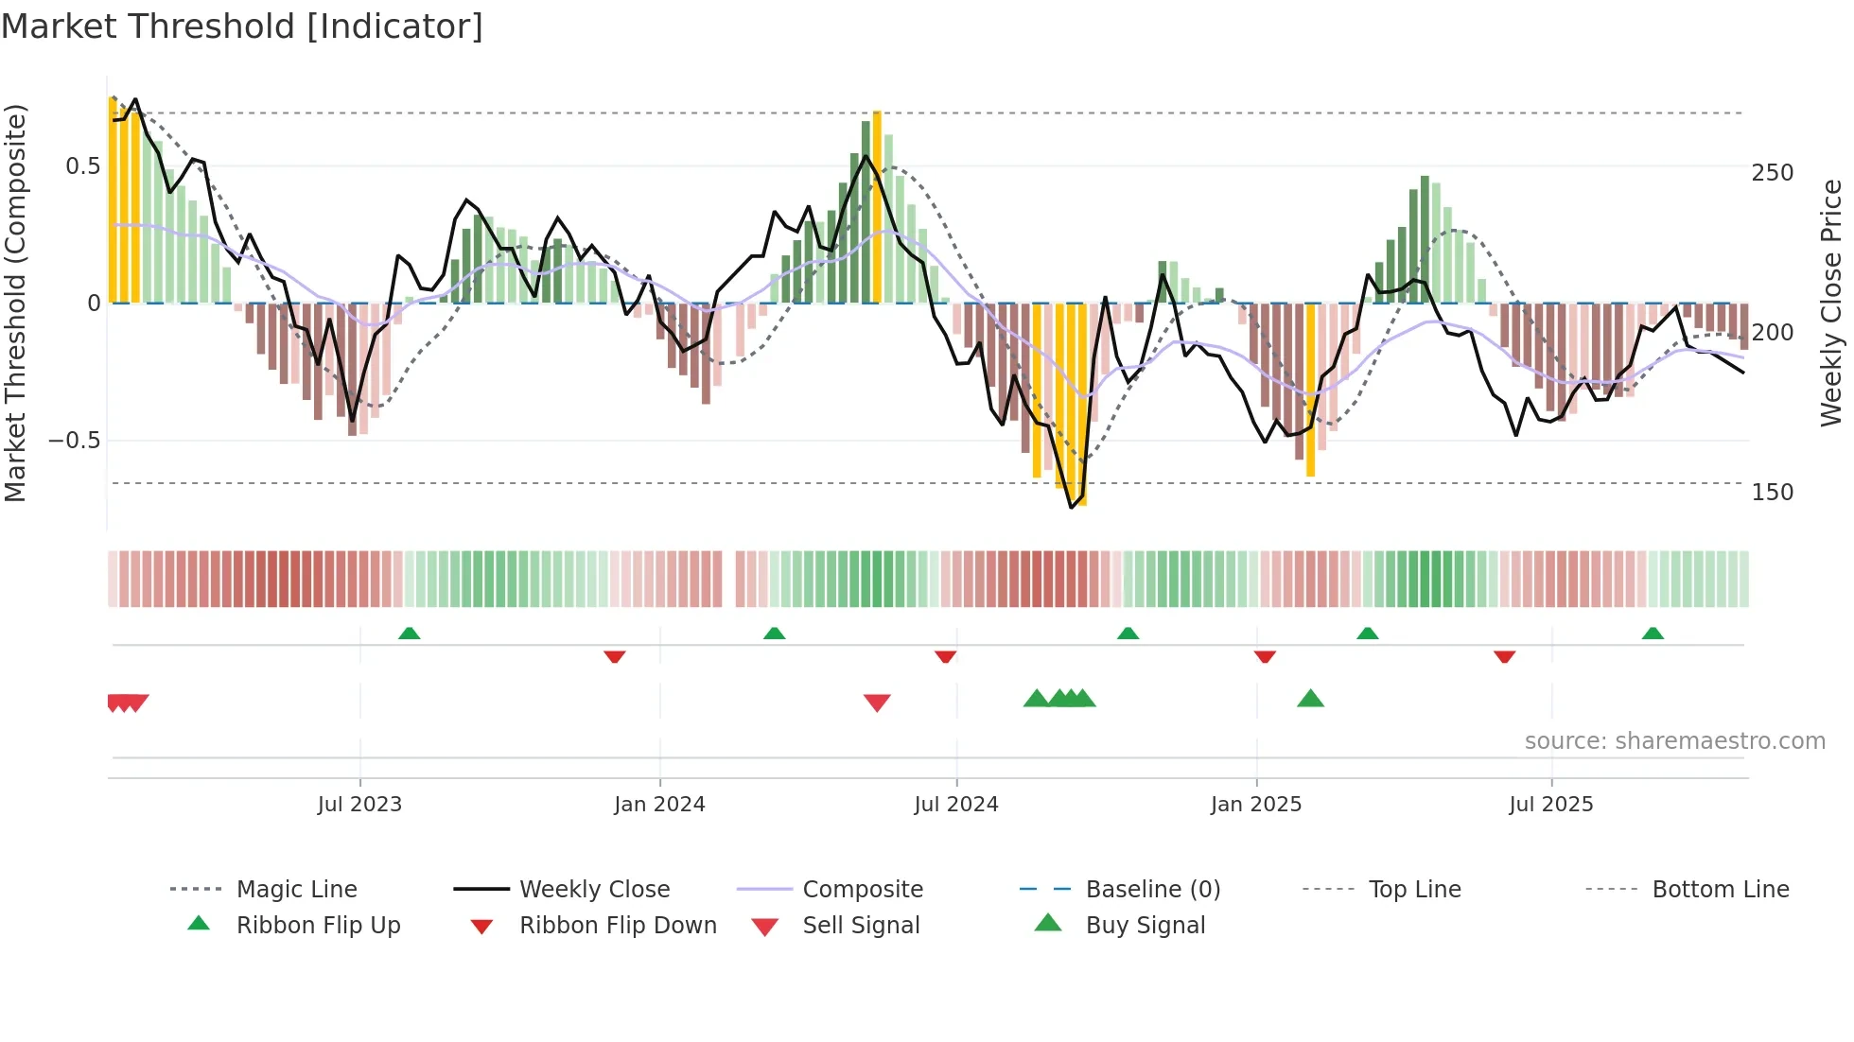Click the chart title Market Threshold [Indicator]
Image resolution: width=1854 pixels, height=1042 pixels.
pos(242,26)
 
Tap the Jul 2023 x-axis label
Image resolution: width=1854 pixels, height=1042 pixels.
pos(359,805)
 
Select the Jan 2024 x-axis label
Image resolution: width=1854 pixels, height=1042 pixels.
pos(659,805)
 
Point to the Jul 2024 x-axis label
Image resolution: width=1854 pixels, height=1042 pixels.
pos(955,805)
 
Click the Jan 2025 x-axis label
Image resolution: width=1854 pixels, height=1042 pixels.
pos(1256,805)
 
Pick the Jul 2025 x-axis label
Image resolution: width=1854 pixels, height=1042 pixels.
pos(1551,805)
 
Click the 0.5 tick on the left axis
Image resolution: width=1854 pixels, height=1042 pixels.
pos(82,166)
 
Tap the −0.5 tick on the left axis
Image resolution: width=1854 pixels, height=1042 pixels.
pos(75,441)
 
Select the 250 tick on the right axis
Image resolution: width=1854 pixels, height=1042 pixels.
pos(1773,173)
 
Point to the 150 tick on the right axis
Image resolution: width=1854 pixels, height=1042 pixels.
pos(1773,493)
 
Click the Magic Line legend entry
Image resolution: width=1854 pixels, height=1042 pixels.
pos(296,890)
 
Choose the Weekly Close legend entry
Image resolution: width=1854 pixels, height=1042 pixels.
pos(594,890)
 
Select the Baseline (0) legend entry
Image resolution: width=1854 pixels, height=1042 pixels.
pos(1152,890)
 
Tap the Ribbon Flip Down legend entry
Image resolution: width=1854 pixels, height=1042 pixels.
pos(618,926)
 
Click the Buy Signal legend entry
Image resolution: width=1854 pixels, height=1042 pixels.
pos(1145,926)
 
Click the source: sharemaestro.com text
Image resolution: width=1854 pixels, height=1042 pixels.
pos(1674,741)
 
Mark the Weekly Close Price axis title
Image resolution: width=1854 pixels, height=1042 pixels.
pos(1831,303)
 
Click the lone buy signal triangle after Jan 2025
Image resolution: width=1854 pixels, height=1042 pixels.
pos(1310,699)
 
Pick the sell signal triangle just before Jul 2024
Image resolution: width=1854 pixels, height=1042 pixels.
pos(877,703)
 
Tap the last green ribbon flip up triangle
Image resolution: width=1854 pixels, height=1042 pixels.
pos(1653,634)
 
